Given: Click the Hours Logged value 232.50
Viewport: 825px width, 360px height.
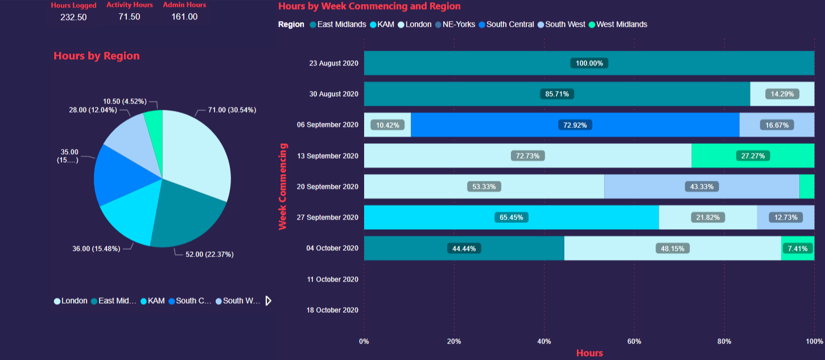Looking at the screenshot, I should coord(73,17).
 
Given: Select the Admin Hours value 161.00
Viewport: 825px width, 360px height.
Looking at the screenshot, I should coord(184,17).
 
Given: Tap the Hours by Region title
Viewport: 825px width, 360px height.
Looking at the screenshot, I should coord(96,56).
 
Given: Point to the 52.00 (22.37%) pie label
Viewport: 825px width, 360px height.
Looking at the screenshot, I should coord(209,254).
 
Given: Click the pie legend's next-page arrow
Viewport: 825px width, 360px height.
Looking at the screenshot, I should coord(269,301).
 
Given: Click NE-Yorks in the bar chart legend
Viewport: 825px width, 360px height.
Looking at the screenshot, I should coord(458,24).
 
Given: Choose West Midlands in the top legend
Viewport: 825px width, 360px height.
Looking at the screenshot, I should coord(621,24).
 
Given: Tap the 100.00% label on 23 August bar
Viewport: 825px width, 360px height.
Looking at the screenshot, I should coord(589,63).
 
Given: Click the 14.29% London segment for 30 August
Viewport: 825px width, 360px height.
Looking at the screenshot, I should coord(782,94).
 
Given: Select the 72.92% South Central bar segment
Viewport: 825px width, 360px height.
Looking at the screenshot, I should coord(575,125).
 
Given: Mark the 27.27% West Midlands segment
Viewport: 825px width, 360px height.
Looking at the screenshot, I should coord(752,155).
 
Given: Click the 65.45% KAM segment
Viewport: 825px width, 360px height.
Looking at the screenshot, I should coord(511,217).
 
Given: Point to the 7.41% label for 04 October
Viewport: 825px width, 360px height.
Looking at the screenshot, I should coord(797,249).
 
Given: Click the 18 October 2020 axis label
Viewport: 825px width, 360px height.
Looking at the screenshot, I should coord(332,311).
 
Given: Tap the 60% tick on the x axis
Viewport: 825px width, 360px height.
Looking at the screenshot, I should coord(634,341).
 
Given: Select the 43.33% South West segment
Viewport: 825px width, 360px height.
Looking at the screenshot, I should coord(702,187).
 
